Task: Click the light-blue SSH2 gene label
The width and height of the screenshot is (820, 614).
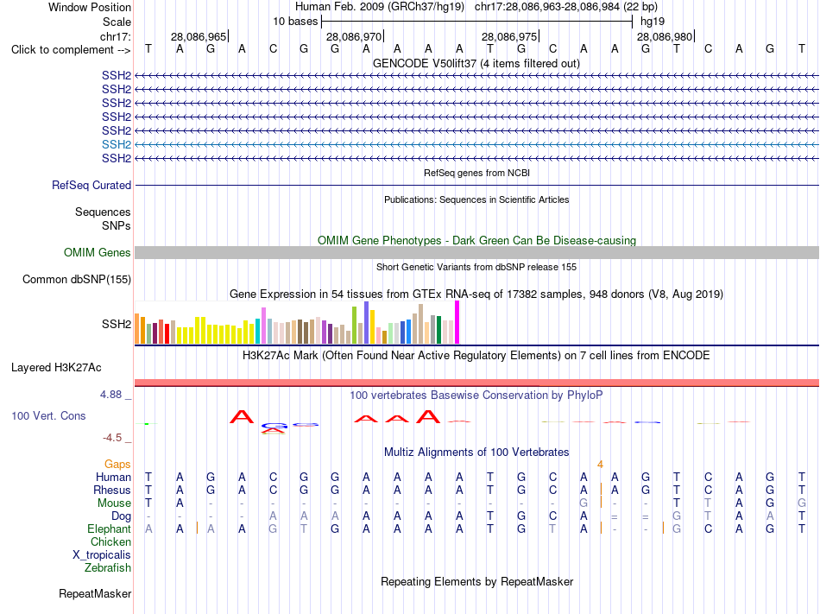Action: pos(117,144)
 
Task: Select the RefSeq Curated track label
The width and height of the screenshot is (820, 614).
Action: pos(91,185)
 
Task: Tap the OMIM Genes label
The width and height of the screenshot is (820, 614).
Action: pos(98,253)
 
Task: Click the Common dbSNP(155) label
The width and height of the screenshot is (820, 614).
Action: pos(77,279)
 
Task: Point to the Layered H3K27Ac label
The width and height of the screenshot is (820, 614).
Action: pos(56,368)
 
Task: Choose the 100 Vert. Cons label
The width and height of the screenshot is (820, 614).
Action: pos(48,415)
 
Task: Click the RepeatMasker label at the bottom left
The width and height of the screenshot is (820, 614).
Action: pos(95,593)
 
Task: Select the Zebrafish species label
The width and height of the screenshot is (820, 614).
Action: pos(108,567)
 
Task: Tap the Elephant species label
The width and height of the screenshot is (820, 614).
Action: pos(109,529)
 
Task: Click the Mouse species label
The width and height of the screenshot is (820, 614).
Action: pos(114,503)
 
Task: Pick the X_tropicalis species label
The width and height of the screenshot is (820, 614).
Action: pos(102,554)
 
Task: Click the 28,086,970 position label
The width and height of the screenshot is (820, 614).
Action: pos(354,36)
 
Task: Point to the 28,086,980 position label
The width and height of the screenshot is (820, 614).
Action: pos(665,36)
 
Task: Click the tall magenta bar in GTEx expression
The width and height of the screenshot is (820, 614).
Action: pos(457,322)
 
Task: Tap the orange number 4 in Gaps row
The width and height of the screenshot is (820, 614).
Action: pos(601,464)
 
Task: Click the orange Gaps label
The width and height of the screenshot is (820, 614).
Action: pos(117,464)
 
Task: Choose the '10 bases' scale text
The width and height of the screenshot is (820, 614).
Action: pos(295,22)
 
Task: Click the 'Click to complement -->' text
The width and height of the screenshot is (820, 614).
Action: pos(71,50)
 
